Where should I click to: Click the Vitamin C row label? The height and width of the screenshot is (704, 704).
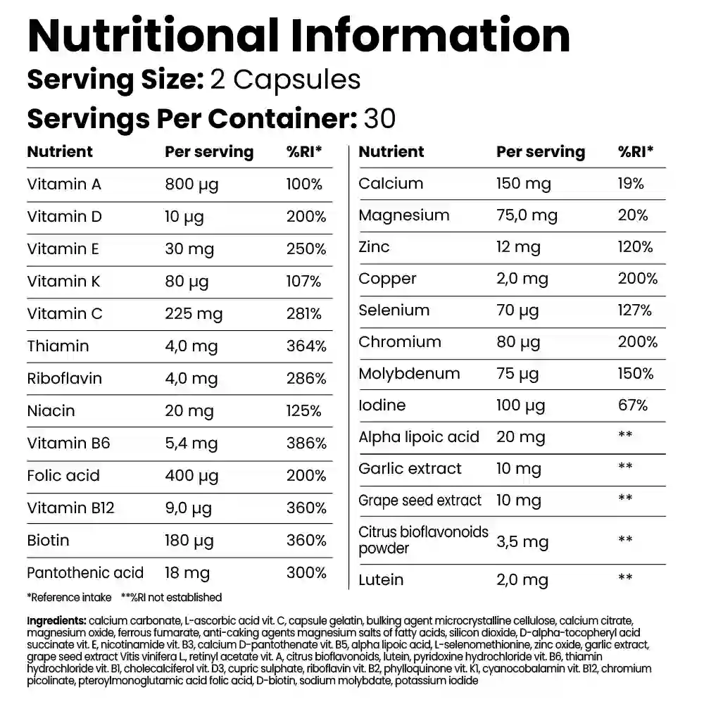click(x=65, y=313)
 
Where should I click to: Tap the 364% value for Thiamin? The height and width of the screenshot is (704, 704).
click(x=306, y=346)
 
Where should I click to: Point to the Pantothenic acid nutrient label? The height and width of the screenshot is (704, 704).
click(x=85, y=572)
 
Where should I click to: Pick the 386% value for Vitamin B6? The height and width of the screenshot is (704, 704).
click(x=306, y=443)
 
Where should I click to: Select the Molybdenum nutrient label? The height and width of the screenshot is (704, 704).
click(x=409, y=373)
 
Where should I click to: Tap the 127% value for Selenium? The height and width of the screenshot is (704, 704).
click(x=635, y=310)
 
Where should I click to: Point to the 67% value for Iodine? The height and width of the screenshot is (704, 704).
click(x=633, y=405)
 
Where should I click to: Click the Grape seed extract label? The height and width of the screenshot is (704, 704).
click(x=420, y=501)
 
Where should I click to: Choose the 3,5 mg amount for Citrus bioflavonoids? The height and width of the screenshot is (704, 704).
click(x=522, y=541)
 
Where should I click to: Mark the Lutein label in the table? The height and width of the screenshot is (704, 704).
click(x=381, y=579)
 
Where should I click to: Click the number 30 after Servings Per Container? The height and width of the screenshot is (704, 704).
click(x=379, y=118)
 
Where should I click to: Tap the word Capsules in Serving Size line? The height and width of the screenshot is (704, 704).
click(x=296, y=80)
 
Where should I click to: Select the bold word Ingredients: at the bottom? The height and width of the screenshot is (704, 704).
click(x=57, y=620)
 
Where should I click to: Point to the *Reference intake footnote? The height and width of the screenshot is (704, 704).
click(x=69, y=598)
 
